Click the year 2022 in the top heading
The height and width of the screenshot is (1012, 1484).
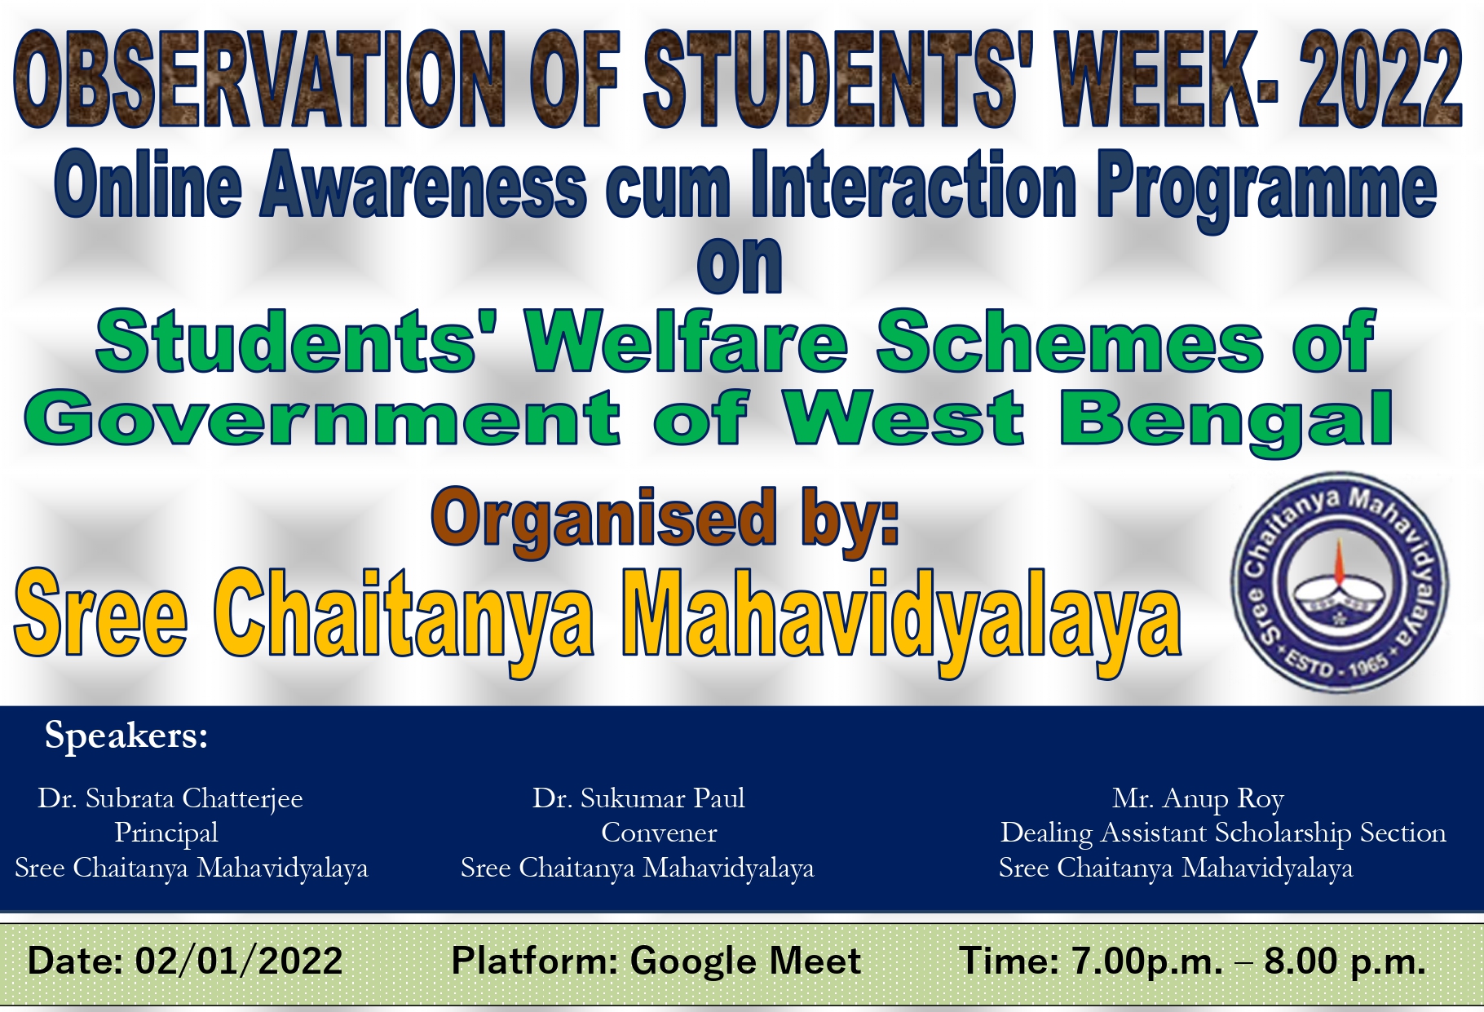[1381, 80]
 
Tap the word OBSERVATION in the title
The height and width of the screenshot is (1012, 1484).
[260, 80]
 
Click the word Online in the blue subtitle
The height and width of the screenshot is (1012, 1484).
[148, 186]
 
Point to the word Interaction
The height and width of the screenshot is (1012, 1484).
[914, 186]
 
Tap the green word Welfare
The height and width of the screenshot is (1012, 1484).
[687, 341]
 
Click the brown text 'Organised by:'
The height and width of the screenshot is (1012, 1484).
[665, 520]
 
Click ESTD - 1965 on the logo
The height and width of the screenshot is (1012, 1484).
[1337, 666]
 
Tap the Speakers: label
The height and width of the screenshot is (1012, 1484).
[126, 736]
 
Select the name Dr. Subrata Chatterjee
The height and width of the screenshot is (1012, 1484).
[170, 798]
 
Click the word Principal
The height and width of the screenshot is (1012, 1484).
[166, 833]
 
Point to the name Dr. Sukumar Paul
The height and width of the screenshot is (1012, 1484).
[638, 798]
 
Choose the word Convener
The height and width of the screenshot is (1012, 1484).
[659, 833]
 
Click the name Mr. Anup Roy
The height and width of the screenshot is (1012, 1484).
[1198, 798]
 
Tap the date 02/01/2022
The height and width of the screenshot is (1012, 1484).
[238, 961]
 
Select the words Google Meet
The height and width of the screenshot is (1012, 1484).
[745, 961]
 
